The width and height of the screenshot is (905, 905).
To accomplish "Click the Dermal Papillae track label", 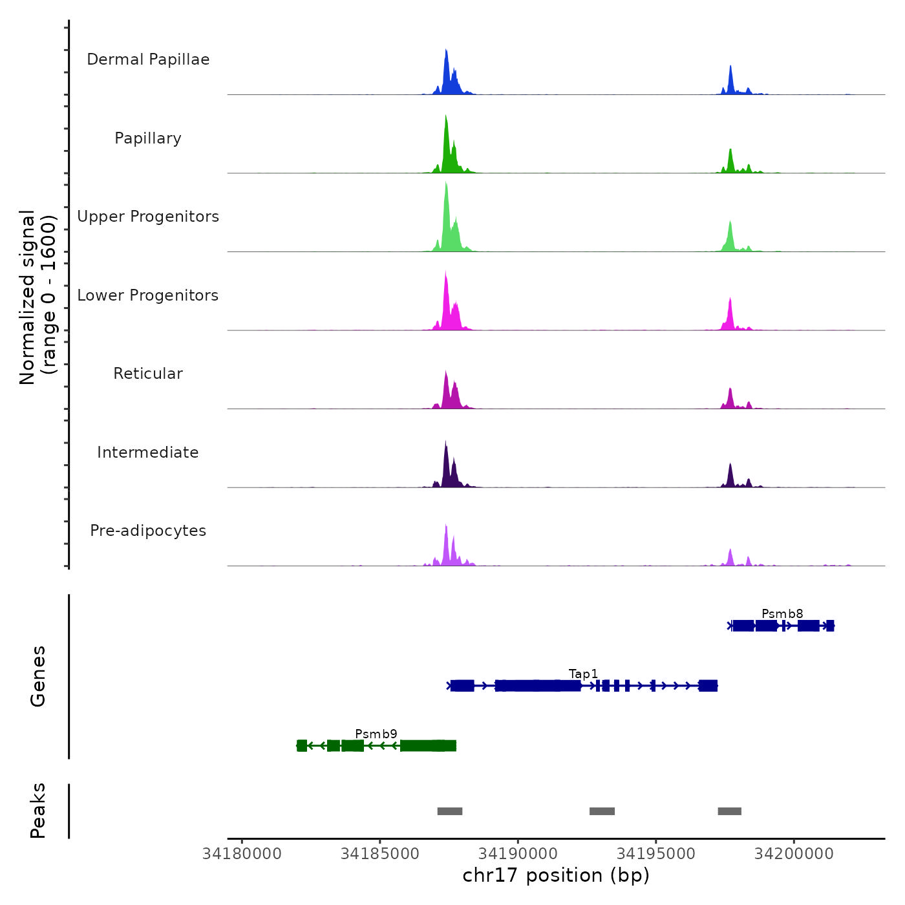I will pos(148,59).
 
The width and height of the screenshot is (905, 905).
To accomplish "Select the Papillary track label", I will pos(148,138).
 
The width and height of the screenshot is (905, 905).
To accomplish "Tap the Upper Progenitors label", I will pos(148,217).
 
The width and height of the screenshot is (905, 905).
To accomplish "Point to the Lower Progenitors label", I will pos(148,295).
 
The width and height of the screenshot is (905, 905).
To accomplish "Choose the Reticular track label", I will pos(148,374).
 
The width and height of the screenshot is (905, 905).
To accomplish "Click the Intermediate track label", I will pos(148,452).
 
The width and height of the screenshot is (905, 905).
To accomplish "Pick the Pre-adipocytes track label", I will pos(148,531).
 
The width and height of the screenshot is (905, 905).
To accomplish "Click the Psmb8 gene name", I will pos(782,613).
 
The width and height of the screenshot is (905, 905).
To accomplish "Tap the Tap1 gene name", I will pos(583,674).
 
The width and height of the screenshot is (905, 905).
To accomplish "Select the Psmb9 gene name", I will pos(376,734).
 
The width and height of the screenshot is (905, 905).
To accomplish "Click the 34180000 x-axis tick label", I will pos(242,854).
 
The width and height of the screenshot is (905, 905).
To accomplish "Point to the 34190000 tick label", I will pos(518,854).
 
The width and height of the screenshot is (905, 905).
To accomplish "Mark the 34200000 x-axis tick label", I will pos(794,854).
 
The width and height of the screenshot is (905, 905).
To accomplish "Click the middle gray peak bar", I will pos(602,811).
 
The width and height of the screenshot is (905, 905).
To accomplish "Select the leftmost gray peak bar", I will pos(450,811).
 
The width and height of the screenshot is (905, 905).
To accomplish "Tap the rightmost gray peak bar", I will pos(729,811).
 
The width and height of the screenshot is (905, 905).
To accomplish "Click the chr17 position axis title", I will pos(556,875).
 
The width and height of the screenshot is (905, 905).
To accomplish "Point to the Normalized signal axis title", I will pos(37,297).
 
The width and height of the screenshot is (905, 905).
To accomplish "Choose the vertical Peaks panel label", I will pos(38,811).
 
